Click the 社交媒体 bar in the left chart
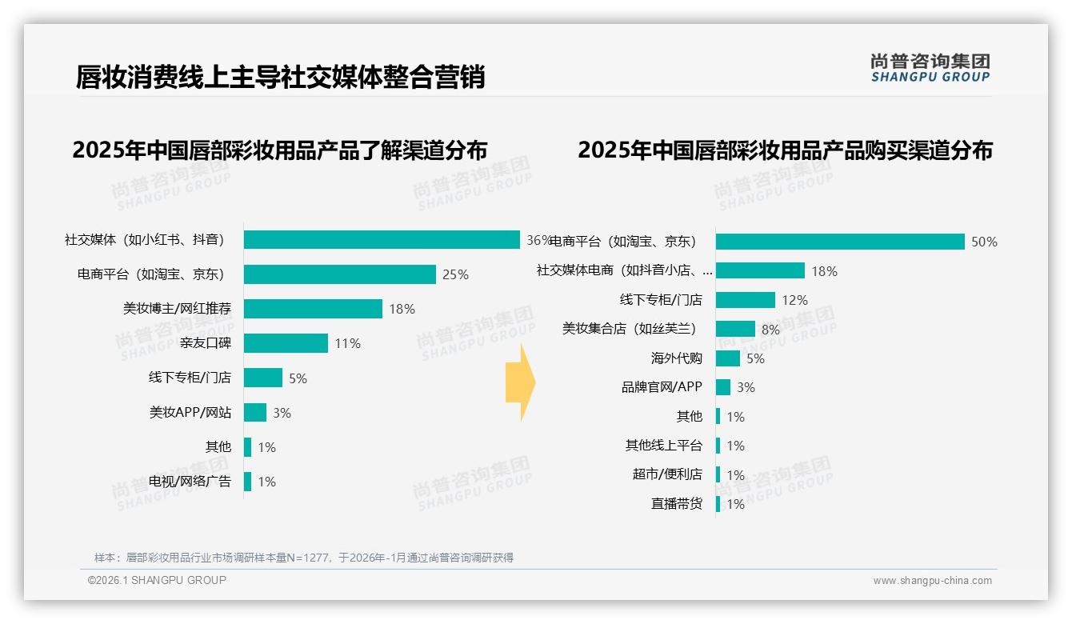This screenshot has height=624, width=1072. pyautogui.click(x=382, y=240)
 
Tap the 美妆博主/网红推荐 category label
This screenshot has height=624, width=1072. pyautogui.click(x=177, y=309)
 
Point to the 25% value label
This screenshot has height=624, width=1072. pyautogui.click(x=455, y=274)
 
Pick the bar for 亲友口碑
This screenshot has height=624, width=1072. pyautogui.click(x=286, y=343)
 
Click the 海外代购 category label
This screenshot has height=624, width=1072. pyautogui.click(x=676, y=358)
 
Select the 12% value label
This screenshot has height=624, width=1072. pyautogui.click(x=794, y=300)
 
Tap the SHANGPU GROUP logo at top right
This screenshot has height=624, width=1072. pyautogui.click(x=930, y=68)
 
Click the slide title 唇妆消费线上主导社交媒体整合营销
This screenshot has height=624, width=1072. pyautogui.click(x=280, y=78)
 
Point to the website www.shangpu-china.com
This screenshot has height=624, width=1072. pyautogui.click(x=932, y=581)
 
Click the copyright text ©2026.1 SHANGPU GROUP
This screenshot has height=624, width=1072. pyautogui.click(x=157, y=580)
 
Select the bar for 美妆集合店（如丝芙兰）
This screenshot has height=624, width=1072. pyautogui.click(x=735, y=329)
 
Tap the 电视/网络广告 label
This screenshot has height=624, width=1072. pyautogui.click(x=190, y=482)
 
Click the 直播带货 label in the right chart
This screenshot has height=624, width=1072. pyautogui.click(x=676, y=504)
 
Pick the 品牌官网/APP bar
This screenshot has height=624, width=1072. pyautogui.click(x=722, y=387)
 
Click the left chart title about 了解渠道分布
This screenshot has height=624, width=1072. pyautogui.click(x=279, y=150)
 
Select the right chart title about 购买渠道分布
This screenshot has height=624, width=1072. pyautogui.click(x=785, y=150)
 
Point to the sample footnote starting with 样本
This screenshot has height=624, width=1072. pyautogui.click(x=304, y=558)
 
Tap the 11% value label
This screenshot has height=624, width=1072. pyautogui.click(x=347, y=343)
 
